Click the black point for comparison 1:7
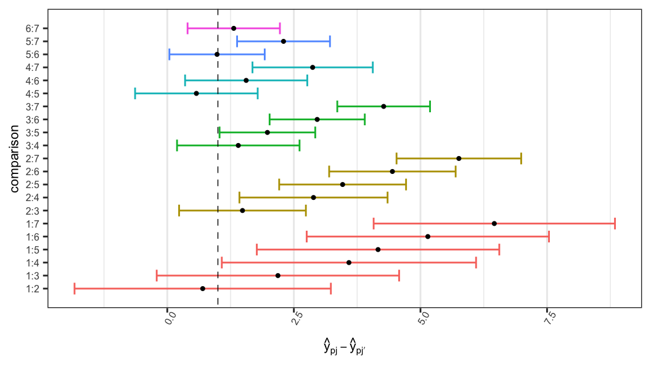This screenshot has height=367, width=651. click(494, 223)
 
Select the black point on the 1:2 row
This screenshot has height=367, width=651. click(203, 289)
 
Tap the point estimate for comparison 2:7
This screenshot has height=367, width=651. click(459, 159)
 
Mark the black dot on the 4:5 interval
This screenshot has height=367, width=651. click(196, 93)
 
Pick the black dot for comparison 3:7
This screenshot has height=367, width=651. click(383, 106)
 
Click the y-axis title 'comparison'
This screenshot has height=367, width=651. click(14, 159)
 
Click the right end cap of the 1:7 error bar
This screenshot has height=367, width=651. click(615, 223)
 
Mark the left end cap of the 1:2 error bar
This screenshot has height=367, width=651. click(75, 289)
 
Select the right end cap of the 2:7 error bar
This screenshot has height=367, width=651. click(521, 159)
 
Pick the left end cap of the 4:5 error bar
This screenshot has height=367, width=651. click(135, 93)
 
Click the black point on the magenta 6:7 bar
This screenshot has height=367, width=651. click(234, 28)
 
